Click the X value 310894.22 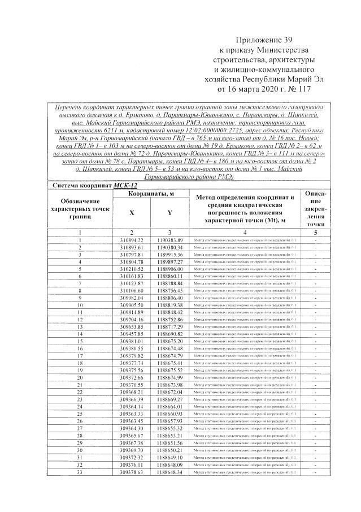[132, 240]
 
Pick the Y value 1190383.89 [170, 240]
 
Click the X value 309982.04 [132, 298]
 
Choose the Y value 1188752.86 [170, 319]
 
